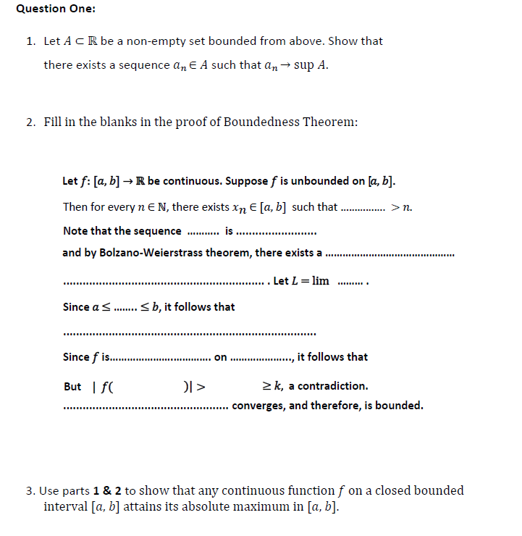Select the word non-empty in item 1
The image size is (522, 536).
coord(161,41)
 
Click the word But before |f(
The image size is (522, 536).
coord(72,386)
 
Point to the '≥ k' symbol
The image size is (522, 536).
coord(272,386)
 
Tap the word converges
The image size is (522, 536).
coord(257,406)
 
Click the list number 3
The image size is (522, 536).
coord(30,491)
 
